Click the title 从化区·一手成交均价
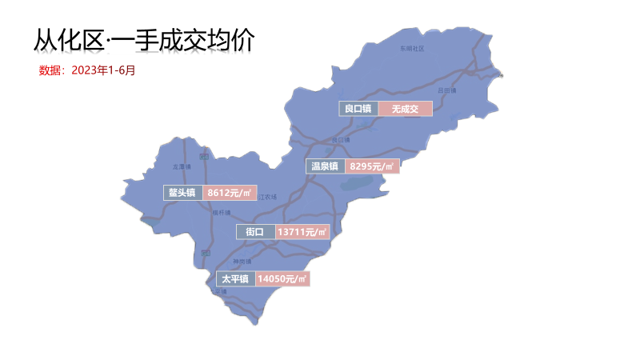point(144,39)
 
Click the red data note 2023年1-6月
point(87,70)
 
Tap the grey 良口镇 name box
point(358,109)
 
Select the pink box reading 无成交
point(405,109)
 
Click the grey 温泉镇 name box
point(325,166)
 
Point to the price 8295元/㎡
point(372,166)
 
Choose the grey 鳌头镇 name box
point(182,193)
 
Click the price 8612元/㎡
point(230,193)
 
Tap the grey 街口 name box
point(255,232)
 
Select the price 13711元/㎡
point(302,232)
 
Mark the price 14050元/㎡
point(282,279)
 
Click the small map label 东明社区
point(411,49)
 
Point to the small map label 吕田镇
point(446,90)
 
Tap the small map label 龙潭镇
point(182,166)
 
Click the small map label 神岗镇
point(242,262)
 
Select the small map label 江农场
point(266,197)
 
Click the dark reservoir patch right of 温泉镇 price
point(357,185)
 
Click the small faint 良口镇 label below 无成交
point(342,140)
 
